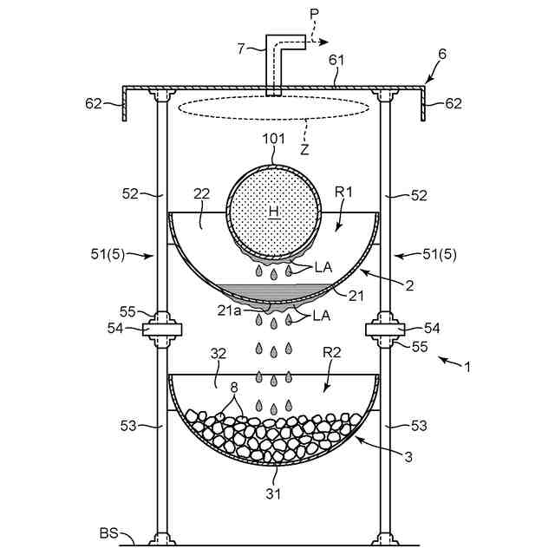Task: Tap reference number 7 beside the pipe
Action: tap(242, 48)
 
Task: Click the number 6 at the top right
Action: tap(442, 53)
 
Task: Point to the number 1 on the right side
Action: tap(467, 368)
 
